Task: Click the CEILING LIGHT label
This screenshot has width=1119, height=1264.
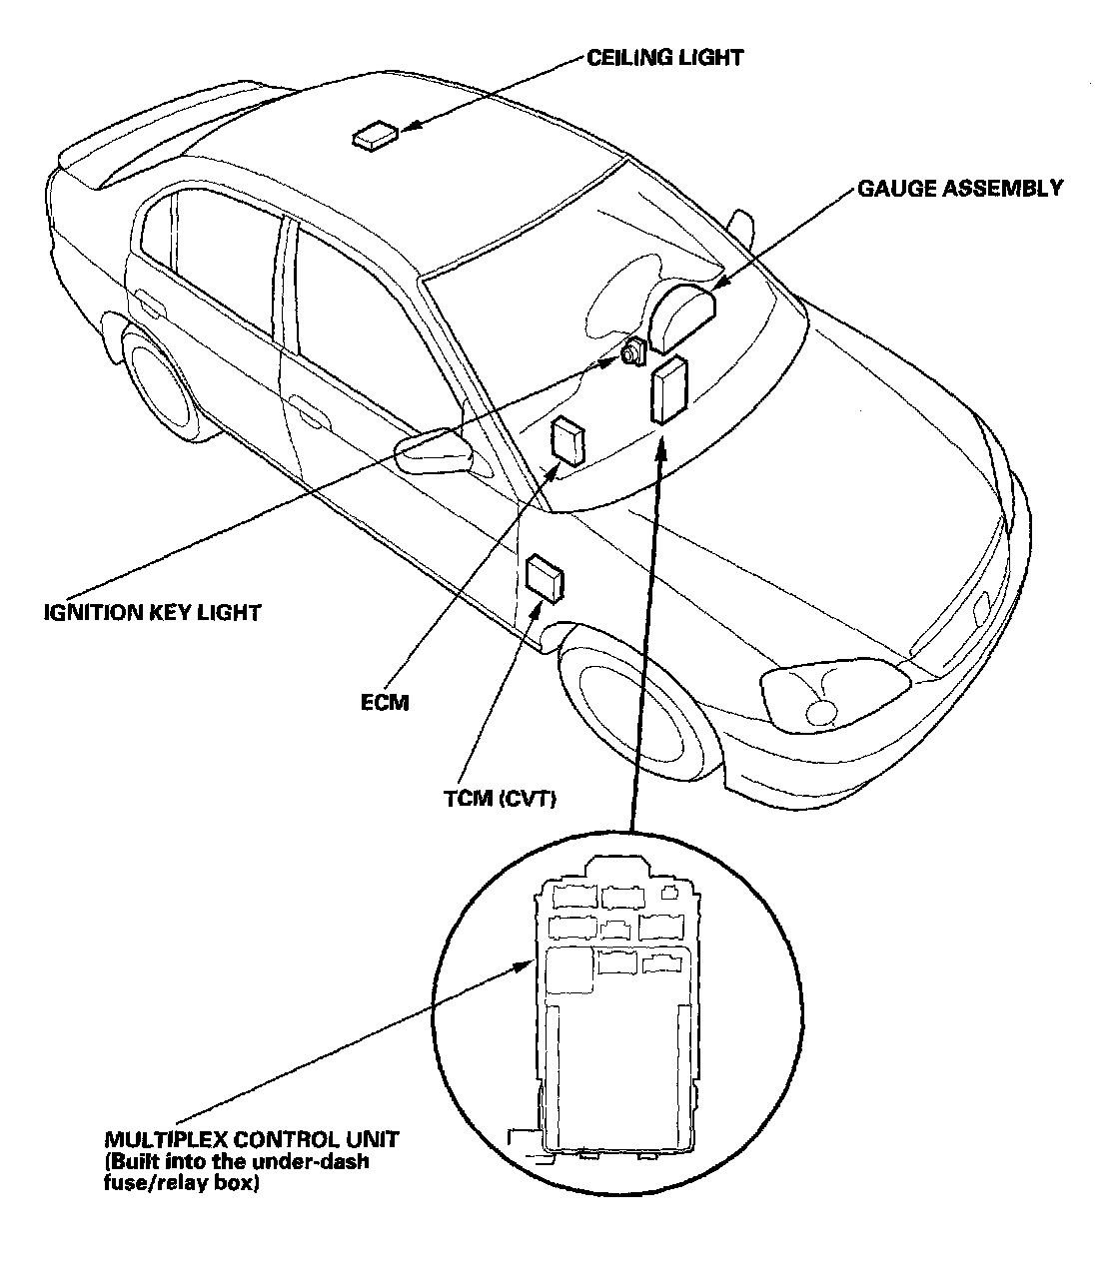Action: point(665,57)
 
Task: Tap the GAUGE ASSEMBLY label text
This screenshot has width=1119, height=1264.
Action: point(959,188)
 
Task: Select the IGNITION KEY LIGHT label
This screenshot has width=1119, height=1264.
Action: point(152,612)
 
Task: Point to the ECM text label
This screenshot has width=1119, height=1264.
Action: point(385,702)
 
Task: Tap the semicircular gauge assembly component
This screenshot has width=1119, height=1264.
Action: point(682,316)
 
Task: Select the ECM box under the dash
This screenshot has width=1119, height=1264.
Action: point(569,440)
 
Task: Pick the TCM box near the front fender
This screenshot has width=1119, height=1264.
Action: point(545,577)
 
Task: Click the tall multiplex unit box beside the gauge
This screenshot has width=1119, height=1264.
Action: point(667,391)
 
